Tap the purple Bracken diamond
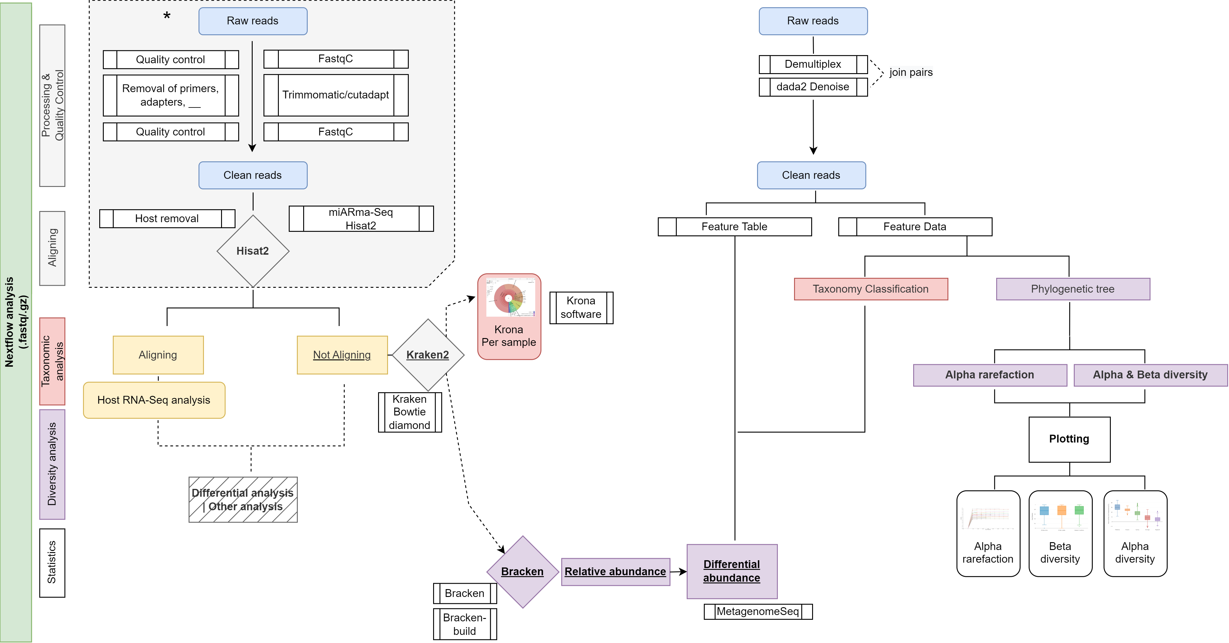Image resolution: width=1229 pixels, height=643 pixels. pos(522,571)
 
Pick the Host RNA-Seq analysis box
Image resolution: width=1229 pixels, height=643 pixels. pos(154,400)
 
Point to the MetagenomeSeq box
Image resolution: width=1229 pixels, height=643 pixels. pos(758,611)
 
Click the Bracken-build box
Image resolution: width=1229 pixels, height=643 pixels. pos(465,624)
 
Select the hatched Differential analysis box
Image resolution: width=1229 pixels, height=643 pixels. pos(243,500)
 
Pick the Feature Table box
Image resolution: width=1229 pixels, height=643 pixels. pos(734,227)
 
